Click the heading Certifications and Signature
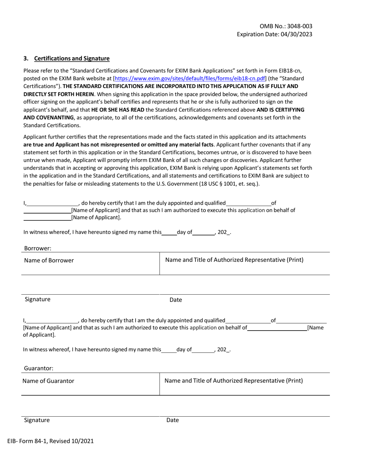click(72, 59)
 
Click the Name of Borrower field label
click(49, 260)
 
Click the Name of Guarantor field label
click(48, 381)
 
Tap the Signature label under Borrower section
click(37, 299)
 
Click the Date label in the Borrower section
click(176, 300)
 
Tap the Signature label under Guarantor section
click(37, 420)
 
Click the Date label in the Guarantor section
click(172, 420)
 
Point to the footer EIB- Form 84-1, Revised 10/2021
click(50, 441)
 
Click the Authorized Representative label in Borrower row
click(234, 260)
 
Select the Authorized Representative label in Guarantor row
click(234, 381)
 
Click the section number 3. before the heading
click(26, 59)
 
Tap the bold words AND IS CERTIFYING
click(280, 110)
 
